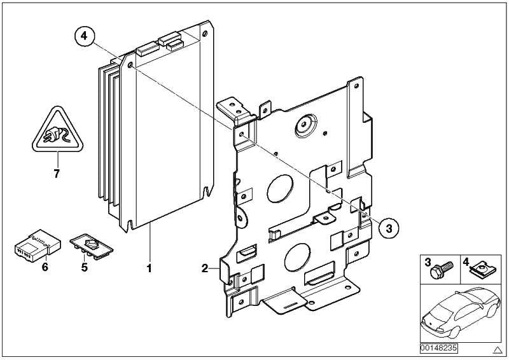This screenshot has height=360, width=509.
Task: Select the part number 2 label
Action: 205,268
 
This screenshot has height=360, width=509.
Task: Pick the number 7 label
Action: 56,174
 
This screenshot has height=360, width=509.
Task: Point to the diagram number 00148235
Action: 438,349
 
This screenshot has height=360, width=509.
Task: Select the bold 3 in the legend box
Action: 428,261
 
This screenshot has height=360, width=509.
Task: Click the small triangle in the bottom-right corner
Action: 498,350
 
